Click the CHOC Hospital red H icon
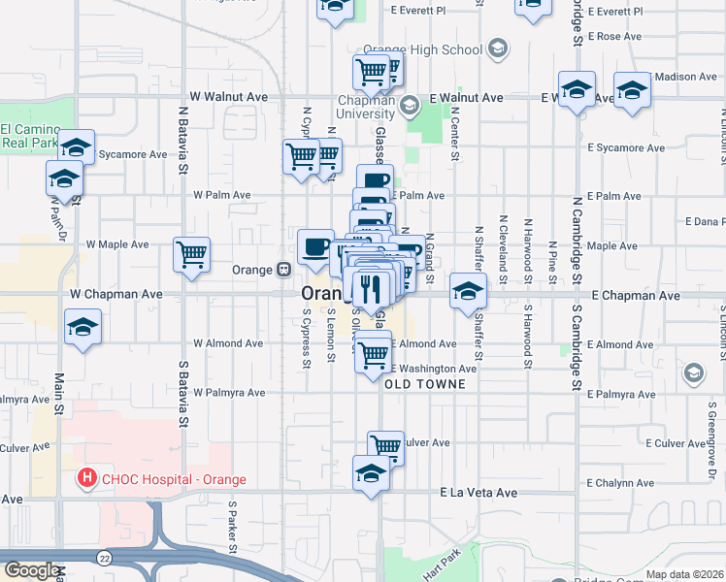click(87, 477)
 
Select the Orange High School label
click(422, 49)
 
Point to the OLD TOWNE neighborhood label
click(425, 384)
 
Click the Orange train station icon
click(284, 269)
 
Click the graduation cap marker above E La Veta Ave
click(371, 473)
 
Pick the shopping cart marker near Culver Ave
click(385, 447)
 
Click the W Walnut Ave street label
click(229, 97)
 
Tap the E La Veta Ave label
click(478, 493)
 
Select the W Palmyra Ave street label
click(227, 394)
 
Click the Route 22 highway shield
click(103, 557)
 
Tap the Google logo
click(32, 569)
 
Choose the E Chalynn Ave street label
click(626, 482)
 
